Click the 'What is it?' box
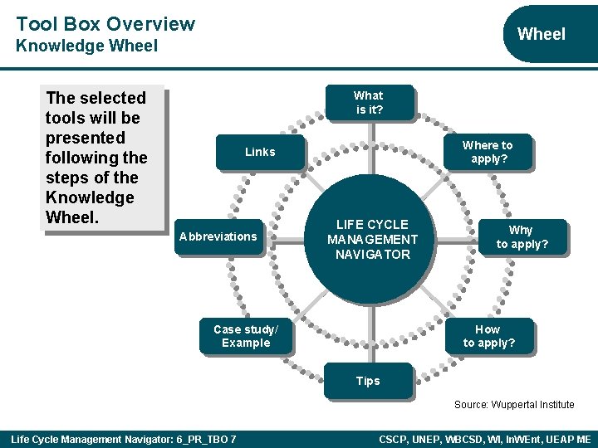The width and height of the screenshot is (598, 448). click(x=368, y=102)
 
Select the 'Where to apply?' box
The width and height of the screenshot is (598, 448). click(x=488, y=152)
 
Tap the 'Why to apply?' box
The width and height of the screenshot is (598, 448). click(x=521, y=236)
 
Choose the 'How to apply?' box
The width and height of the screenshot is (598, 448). click(x=488, y=336)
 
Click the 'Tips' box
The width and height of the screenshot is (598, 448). click(x=368, y=381)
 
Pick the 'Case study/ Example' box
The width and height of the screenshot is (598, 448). click(x=246, y=336)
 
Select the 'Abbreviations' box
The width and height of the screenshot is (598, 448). click(x=218, y=236)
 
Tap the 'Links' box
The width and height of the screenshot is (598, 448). click(x=260, y=152)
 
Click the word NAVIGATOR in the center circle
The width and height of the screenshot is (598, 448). click(x=373, y=255)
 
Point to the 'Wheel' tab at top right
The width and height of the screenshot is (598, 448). click(x=541, y=34)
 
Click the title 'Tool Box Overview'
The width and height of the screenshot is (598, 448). click(x=105, y=24)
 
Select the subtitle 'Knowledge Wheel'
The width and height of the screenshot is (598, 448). click(x=86, y=46)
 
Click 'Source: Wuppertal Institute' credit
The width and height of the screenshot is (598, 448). click(x=513, y=405)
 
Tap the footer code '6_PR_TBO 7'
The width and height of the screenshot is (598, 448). click(x=205, y=439)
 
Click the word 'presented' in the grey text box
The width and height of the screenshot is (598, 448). click(x=86, y=138)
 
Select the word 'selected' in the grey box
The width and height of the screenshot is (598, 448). click(x=113, y=98)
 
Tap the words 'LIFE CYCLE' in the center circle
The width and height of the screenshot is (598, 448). click(x=372, y=225)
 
